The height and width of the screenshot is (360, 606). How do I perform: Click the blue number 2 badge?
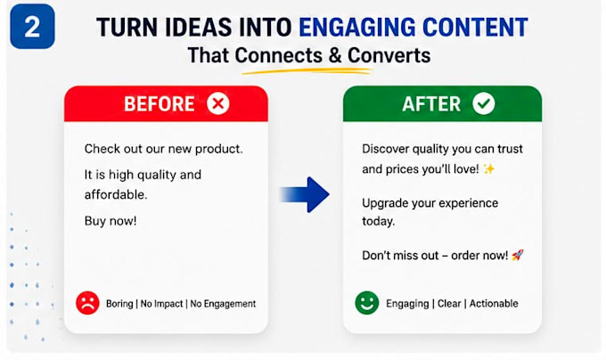coord(32,26)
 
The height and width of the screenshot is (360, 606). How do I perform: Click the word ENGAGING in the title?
coord(357,27)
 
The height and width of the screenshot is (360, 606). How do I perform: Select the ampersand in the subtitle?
coord(336,55)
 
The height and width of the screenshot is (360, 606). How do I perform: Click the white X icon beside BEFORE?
coord(218,103)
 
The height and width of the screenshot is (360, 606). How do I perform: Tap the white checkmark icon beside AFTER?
coord(484,103)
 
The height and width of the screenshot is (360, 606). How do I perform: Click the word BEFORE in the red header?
coord(160,104)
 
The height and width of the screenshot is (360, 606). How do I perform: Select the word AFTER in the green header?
coord(431,104)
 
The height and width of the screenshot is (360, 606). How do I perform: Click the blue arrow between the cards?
coord(305,194)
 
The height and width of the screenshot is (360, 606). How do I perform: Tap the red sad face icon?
coord(87,303)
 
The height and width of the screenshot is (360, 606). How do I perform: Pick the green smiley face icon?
coord(367,303)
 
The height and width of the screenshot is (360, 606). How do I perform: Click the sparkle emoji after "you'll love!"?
coord(489,168)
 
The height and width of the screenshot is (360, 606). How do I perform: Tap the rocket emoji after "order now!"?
coord(518,255)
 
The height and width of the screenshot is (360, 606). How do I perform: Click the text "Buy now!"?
coord(111,221)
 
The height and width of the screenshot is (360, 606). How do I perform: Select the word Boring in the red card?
coord(119,304)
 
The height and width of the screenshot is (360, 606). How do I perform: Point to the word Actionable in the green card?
coord(494,303)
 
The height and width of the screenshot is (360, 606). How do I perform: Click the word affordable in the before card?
coord(116,194)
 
